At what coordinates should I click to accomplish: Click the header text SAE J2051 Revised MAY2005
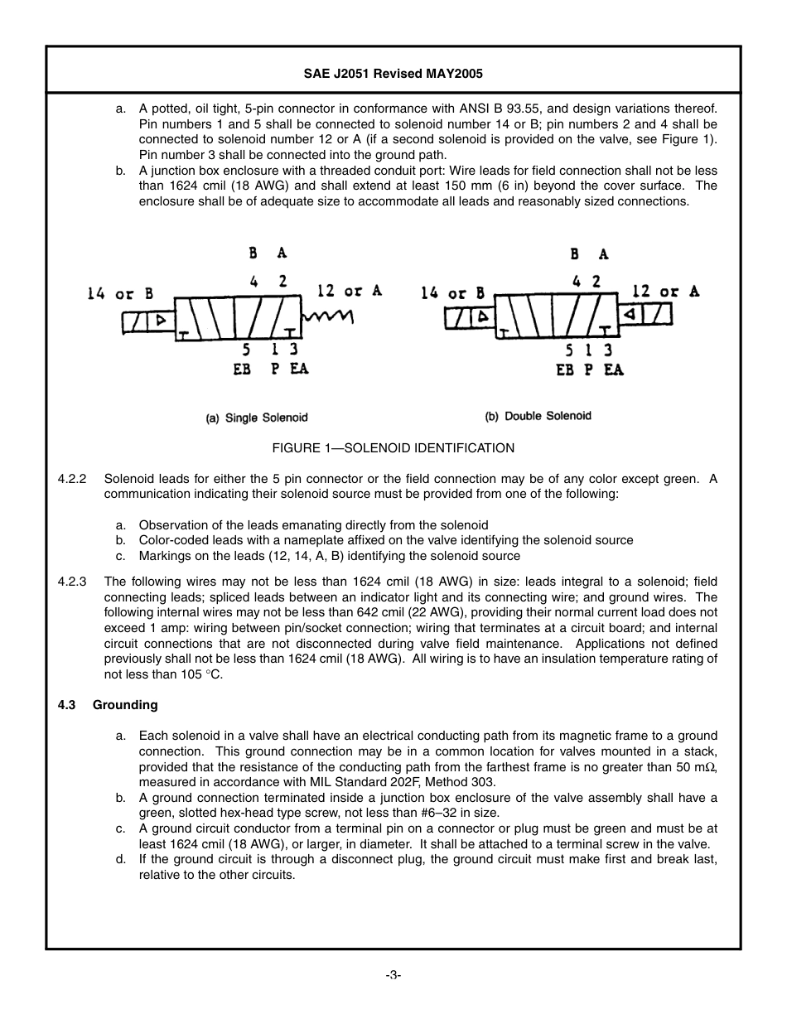click(393, 74)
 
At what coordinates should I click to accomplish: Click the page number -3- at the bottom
click(393, 975)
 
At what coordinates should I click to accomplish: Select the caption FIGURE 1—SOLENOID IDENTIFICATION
click(393, 448)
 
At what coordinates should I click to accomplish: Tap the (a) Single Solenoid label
click(257, 418)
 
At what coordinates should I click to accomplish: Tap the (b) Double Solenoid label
click(538, 416)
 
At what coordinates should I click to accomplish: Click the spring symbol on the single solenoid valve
click(328, 317)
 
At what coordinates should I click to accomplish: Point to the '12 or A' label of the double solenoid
click(665, 292)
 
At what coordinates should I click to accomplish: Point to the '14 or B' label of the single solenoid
click(120, 293)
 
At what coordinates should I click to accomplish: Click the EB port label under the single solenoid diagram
click(242, 369)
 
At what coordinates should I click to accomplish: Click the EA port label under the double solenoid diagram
click(613, 370)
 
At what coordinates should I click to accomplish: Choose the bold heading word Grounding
click(125, 705)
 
